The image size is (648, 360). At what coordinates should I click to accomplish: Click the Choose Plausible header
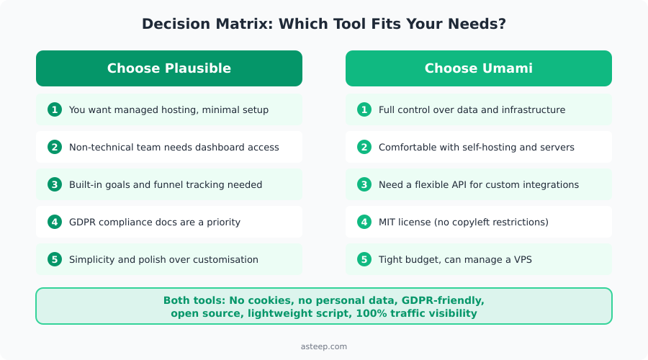168,68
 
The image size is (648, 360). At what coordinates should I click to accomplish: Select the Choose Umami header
478,68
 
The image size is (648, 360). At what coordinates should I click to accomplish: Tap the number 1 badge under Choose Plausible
55,110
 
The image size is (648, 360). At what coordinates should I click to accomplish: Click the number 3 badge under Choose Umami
365,185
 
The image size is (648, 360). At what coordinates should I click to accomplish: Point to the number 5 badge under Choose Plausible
55,260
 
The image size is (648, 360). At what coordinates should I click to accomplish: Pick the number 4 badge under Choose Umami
365,222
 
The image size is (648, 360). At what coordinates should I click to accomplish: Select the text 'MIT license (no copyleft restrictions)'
463,222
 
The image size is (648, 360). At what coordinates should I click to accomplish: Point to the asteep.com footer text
323,347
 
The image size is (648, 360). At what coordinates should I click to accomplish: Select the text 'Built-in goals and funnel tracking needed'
165,185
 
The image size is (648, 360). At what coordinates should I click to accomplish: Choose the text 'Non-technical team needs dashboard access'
174,148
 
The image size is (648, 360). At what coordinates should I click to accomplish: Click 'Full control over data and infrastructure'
472,110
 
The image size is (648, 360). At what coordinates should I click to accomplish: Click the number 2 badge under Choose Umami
365,148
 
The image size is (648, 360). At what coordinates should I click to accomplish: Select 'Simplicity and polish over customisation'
163,260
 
